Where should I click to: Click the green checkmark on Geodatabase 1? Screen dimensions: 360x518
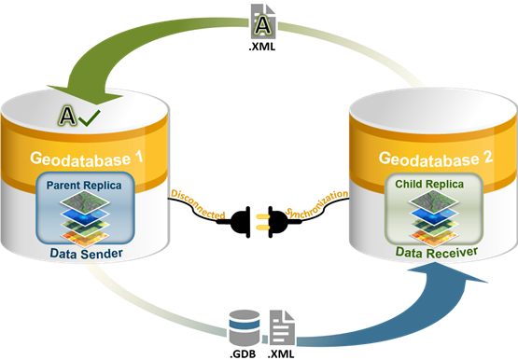91,117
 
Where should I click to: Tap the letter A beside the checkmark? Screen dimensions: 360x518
66,117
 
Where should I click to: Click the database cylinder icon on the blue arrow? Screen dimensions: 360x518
243,326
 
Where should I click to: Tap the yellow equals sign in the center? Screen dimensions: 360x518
263,222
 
